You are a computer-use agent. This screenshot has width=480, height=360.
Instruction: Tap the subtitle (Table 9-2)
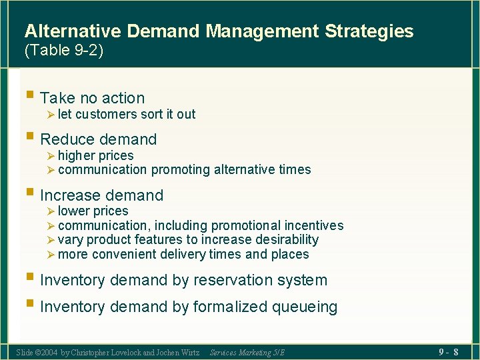pos(64,51)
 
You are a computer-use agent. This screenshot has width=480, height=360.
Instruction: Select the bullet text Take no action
pos(92,99)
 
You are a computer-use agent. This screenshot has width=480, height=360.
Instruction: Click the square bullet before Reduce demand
pos(30,137)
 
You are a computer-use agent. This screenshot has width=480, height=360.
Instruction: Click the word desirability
pos(284,239)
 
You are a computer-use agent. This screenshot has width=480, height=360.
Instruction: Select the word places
pos(290,254)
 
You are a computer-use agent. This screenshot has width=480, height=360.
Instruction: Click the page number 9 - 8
pos(447,351)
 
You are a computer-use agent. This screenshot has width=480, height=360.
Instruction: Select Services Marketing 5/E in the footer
pos(247,352)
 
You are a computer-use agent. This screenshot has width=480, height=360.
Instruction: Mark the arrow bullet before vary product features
pos(51,239)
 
